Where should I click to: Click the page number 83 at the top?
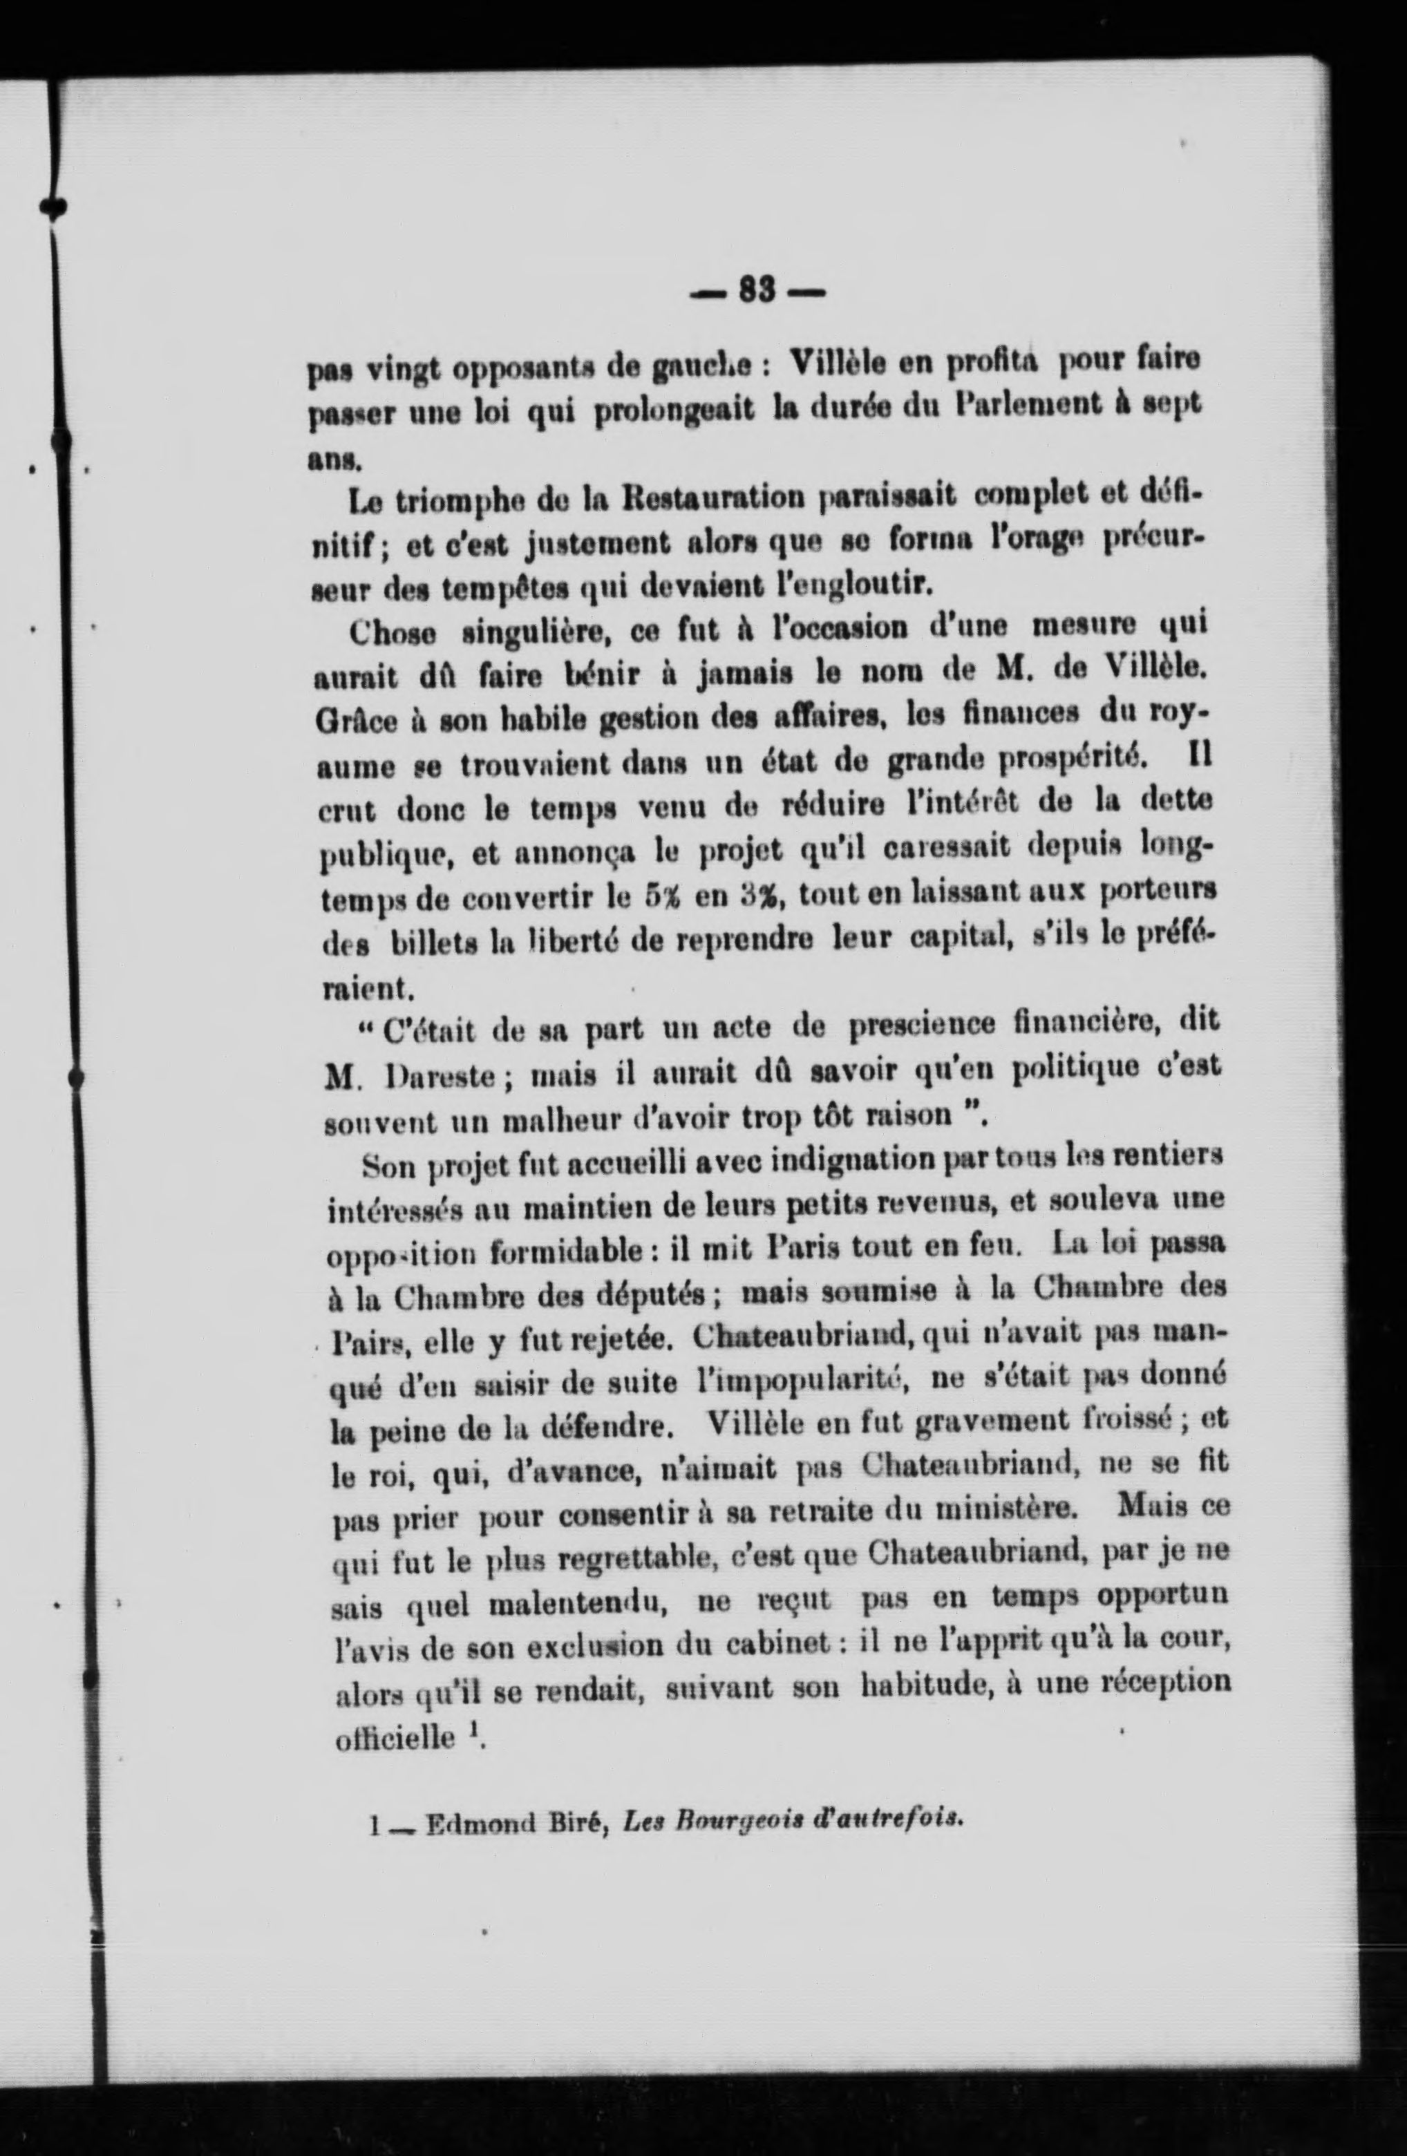[757, 291]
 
